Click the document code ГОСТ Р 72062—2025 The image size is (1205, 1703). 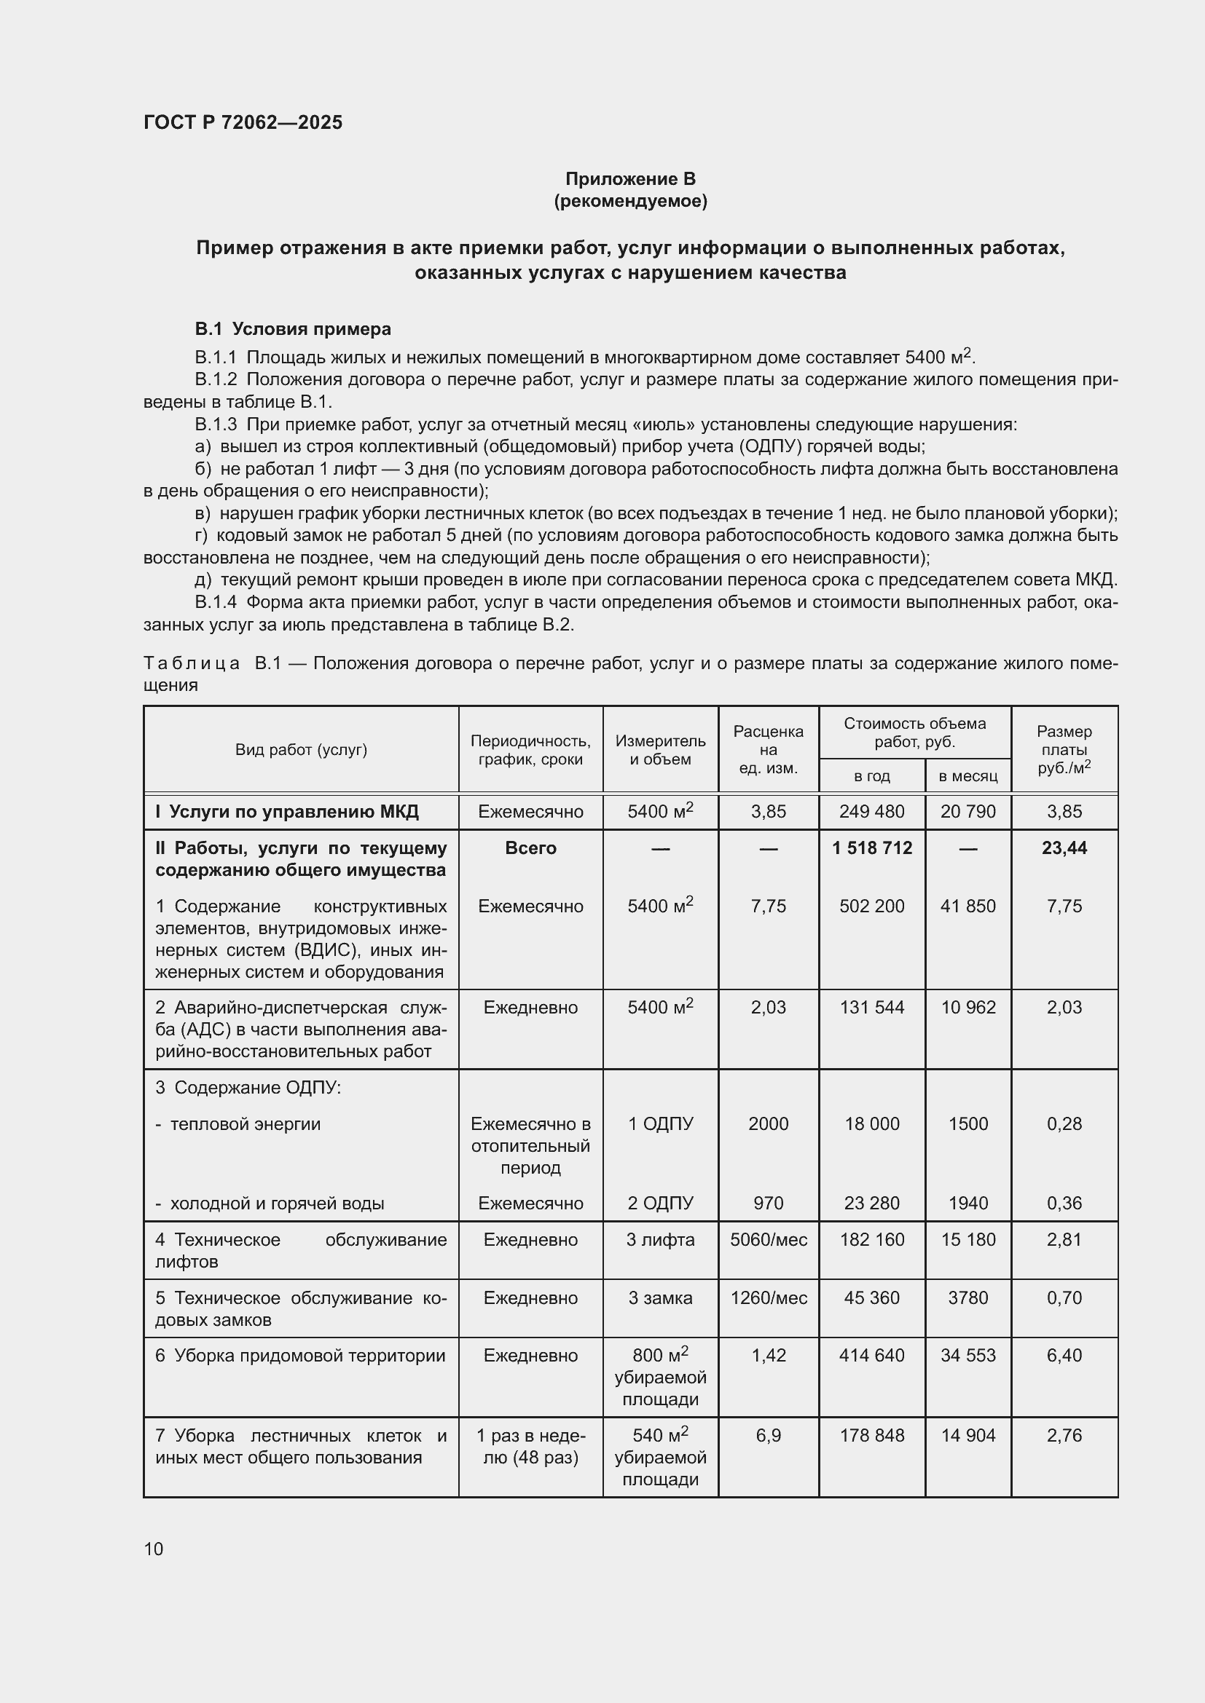tap(243, 122)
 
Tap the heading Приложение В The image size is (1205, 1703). tap(630, 179)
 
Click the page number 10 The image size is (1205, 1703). tap(154, 1549)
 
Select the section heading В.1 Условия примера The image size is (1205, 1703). tap(293, 328)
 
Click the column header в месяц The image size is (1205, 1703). tap(967, 776)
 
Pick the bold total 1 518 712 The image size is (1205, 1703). tap(872, 847)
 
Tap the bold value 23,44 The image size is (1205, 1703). tap(1064, 847)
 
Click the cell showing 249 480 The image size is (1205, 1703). tap(872, 811)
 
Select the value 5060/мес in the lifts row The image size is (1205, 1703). tap(768, 1239)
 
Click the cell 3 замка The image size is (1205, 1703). tap(659, 1298)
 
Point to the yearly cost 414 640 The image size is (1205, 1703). tap(872, 1356)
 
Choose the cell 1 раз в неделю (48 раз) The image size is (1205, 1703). tap(530, 1447)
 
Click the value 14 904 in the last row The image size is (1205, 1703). tap(967, 1435)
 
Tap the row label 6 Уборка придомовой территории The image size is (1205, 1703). tap(300, 1356)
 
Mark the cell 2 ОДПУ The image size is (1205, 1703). tap(659, 1203)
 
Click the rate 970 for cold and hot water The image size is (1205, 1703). tap(768, 1203)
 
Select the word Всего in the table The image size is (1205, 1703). tap(530, 847)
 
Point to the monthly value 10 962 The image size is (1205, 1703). tap(967, 1007)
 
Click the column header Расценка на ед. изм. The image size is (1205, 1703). tap(768, 749)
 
